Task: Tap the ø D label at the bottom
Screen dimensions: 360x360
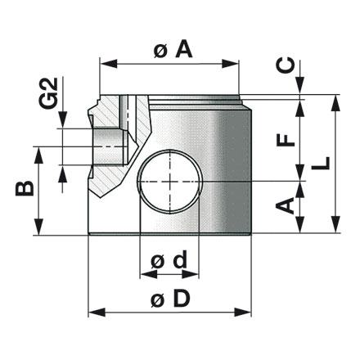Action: pyautogui.click(x=172, y=299)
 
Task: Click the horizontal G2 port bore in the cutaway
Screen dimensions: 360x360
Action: pyautogui.click(x=106, y=145)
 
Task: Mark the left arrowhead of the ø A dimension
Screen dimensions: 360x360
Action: pyautogui.click(x=103, y=61)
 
